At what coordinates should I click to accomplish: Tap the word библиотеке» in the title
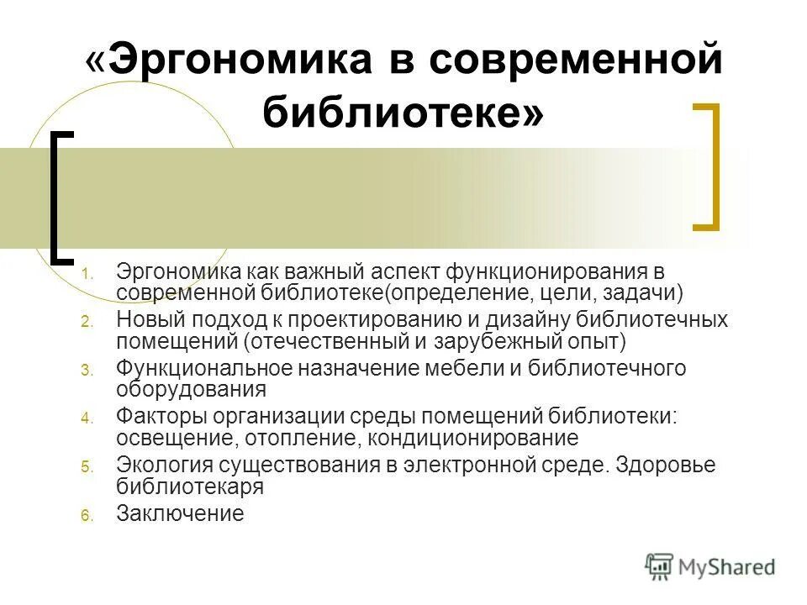[x=403, y=112]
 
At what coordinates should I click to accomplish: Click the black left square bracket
[x=60, y=197]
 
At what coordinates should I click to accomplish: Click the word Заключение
[x=180, y=513]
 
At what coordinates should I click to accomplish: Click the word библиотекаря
[x=191, y=486]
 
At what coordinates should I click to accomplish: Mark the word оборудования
[x=192, y=389]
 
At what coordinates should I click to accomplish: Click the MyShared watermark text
[x=728, y=567]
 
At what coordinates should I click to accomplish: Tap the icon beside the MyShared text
[x=660, y=566]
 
